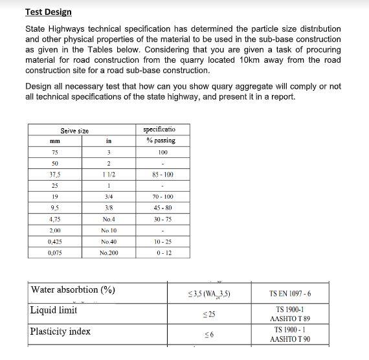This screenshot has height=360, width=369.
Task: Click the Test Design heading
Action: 48,12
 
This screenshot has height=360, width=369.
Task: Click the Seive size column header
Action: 74,131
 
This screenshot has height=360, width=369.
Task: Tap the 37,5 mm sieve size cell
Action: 54,175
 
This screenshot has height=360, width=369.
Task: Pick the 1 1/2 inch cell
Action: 109,175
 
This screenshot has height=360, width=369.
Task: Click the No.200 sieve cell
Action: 109,253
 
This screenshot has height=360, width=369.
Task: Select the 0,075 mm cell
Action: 54,253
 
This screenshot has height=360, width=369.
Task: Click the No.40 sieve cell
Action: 109,242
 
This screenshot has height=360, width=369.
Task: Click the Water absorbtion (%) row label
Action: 73,290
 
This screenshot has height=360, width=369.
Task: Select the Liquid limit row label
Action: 54,311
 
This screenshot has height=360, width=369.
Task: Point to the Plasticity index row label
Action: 60,332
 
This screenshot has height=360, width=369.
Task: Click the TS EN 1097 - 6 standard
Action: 289,294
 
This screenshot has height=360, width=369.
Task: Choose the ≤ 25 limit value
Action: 208,315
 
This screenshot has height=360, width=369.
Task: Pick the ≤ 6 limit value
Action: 208,335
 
